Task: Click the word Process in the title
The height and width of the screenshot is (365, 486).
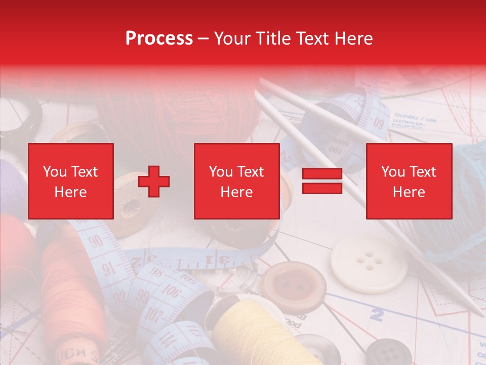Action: (x=159, y=39)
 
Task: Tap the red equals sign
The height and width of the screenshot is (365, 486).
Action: (x=322, y=181)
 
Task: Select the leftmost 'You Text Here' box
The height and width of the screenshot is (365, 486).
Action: (x=70, y=181)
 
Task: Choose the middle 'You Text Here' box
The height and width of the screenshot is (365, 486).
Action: (x=236, y=181)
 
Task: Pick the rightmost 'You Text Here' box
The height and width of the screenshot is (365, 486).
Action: (x=409, y=181)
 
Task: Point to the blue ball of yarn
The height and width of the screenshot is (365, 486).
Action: (x=456, y=203)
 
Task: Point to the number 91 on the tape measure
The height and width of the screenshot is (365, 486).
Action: (x=108, y=268)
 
